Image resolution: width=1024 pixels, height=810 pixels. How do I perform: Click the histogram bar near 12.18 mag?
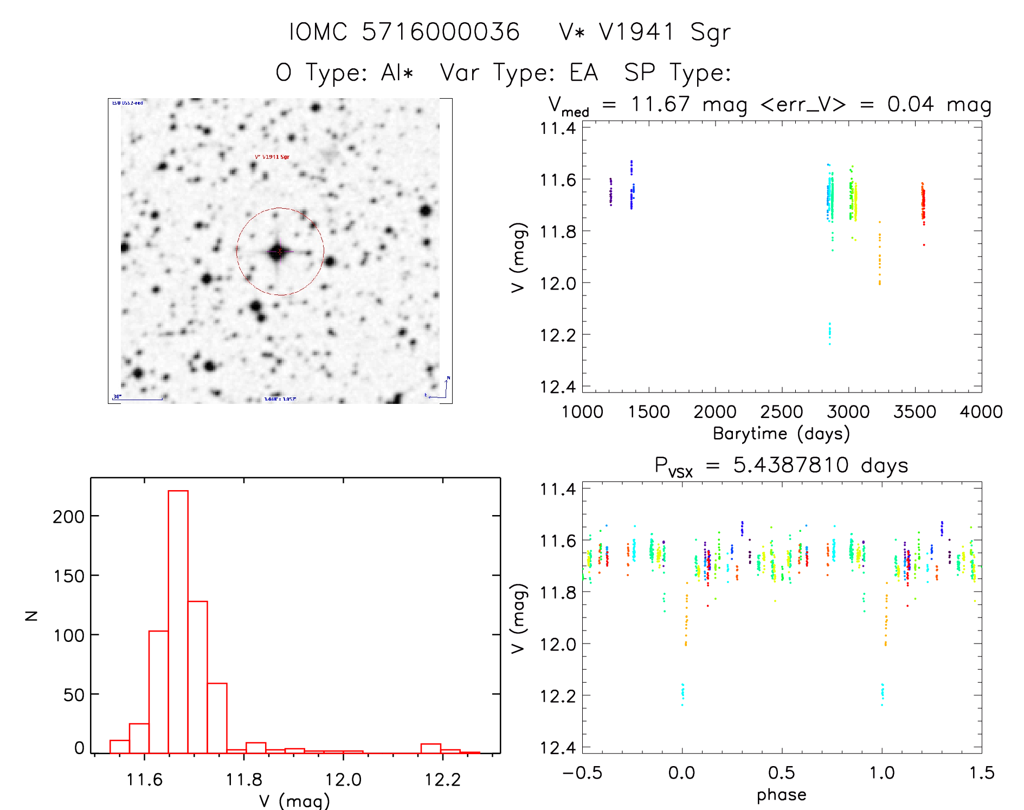click(430, 748)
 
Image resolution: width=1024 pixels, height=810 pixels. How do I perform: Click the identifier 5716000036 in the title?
click(440, 31)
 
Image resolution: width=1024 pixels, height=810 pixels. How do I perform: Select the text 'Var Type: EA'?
click(519, 72)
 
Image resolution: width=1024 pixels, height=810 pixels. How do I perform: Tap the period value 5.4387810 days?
click(820, 465)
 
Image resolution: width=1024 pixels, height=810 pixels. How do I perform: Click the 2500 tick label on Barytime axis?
click(781, 412)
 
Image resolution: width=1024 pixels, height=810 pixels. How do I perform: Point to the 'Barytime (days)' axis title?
click(781, 434)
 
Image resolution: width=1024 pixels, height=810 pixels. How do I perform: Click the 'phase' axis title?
click(781, 795)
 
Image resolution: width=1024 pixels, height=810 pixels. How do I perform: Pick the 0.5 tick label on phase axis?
click(781, 773)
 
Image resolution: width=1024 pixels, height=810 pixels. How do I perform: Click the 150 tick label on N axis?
click(69, 576)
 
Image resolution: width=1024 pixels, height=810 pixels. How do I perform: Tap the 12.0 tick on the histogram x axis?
click(343, 780)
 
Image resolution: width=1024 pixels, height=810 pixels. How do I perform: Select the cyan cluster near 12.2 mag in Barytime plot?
click(829, 332)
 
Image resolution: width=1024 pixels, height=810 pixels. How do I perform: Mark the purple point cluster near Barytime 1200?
click(611, 191)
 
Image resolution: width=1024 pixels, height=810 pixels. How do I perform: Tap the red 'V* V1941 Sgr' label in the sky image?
click(272, 157)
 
